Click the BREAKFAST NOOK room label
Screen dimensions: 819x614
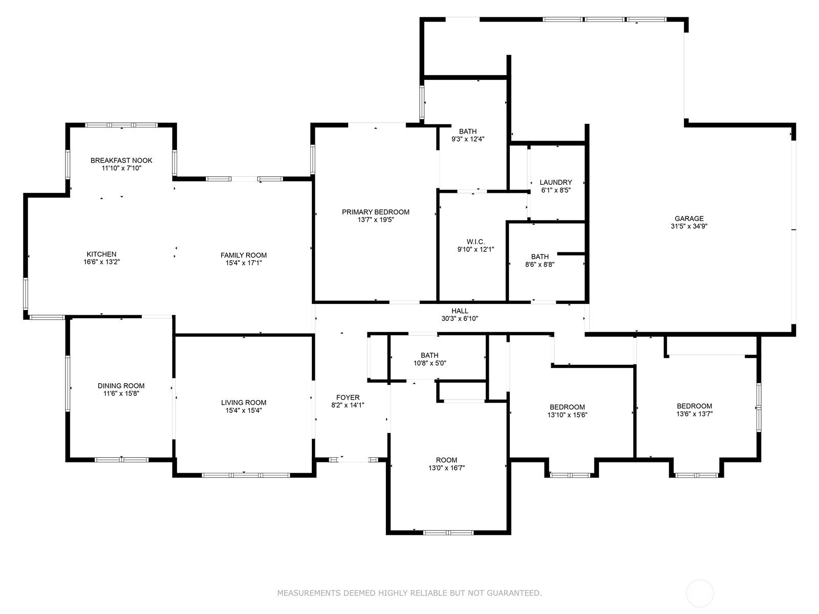click(121, 160)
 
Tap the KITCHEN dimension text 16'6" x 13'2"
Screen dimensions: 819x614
click(101, 262)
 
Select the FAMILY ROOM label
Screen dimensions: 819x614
click(243, 255)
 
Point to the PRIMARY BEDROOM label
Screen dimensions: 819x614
click(375, 212)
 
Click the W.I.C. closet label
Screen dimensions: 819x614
click(476, 242)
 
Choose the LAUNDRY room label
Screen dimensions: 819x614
click(555, 182)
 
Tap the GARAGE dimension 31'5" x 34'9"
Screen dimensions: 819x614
click(689, 226)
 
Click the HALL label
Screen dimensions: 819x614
click(460, 311)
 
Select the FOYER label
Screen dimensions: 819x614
click(348, 398)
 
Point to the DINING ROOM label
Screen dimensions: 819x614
click(121, 386)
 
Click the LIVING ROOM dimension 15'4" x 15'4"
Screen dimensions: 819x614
click(243, 410)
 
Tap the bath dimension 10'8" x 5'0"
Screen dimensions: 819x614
click(429, 363)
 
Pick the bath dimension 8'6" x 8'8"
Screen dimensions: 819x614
click(540, 265)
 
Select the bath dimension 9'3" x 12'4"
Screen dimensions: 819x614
click(467, 139)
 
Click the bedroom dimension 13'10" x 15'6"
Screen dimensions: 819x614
click(567, 415)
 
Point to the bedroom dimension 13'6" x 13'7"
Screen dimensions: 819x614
click(695, 414)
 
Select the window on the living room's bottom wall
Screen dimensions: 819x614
click(246, 475)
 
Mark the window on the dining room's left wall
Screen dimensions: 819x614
click(68, 384)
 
